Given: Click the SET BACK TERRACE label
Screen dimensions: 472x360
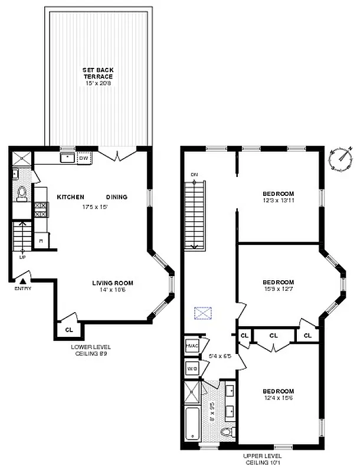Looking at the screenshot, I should (97, 73).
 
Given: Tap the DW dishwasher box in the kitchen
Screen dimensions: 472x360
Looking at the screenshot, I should (83, 158).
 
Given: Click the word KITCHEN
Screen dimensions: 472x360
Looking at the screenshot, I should (70, 197).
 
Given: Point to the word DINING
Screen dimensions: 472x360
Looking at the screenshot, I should (117, 197).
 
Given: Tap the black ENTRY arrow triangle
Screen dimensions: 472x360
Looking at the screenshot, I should (23, 281).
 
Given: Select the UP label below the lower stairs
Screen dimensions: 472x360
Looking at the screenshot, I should (22, 258).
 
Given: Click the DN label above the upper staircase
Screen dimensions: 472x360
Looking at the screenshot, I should (194, 175).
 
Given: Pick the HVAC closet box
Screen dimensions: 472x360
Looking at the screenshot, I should (192, 346).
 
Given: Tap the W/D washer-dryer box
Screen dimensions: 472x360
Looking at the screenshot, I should (192, 369).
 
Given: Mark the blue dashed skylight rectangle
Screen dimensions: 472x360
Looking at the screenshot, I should (204, 313).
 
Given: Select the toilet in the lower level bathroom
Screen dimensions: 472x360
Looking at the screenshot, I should (21, 192).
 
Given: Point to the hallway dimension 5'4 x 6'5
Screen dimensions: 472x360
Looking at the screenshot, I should (220, 356).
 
